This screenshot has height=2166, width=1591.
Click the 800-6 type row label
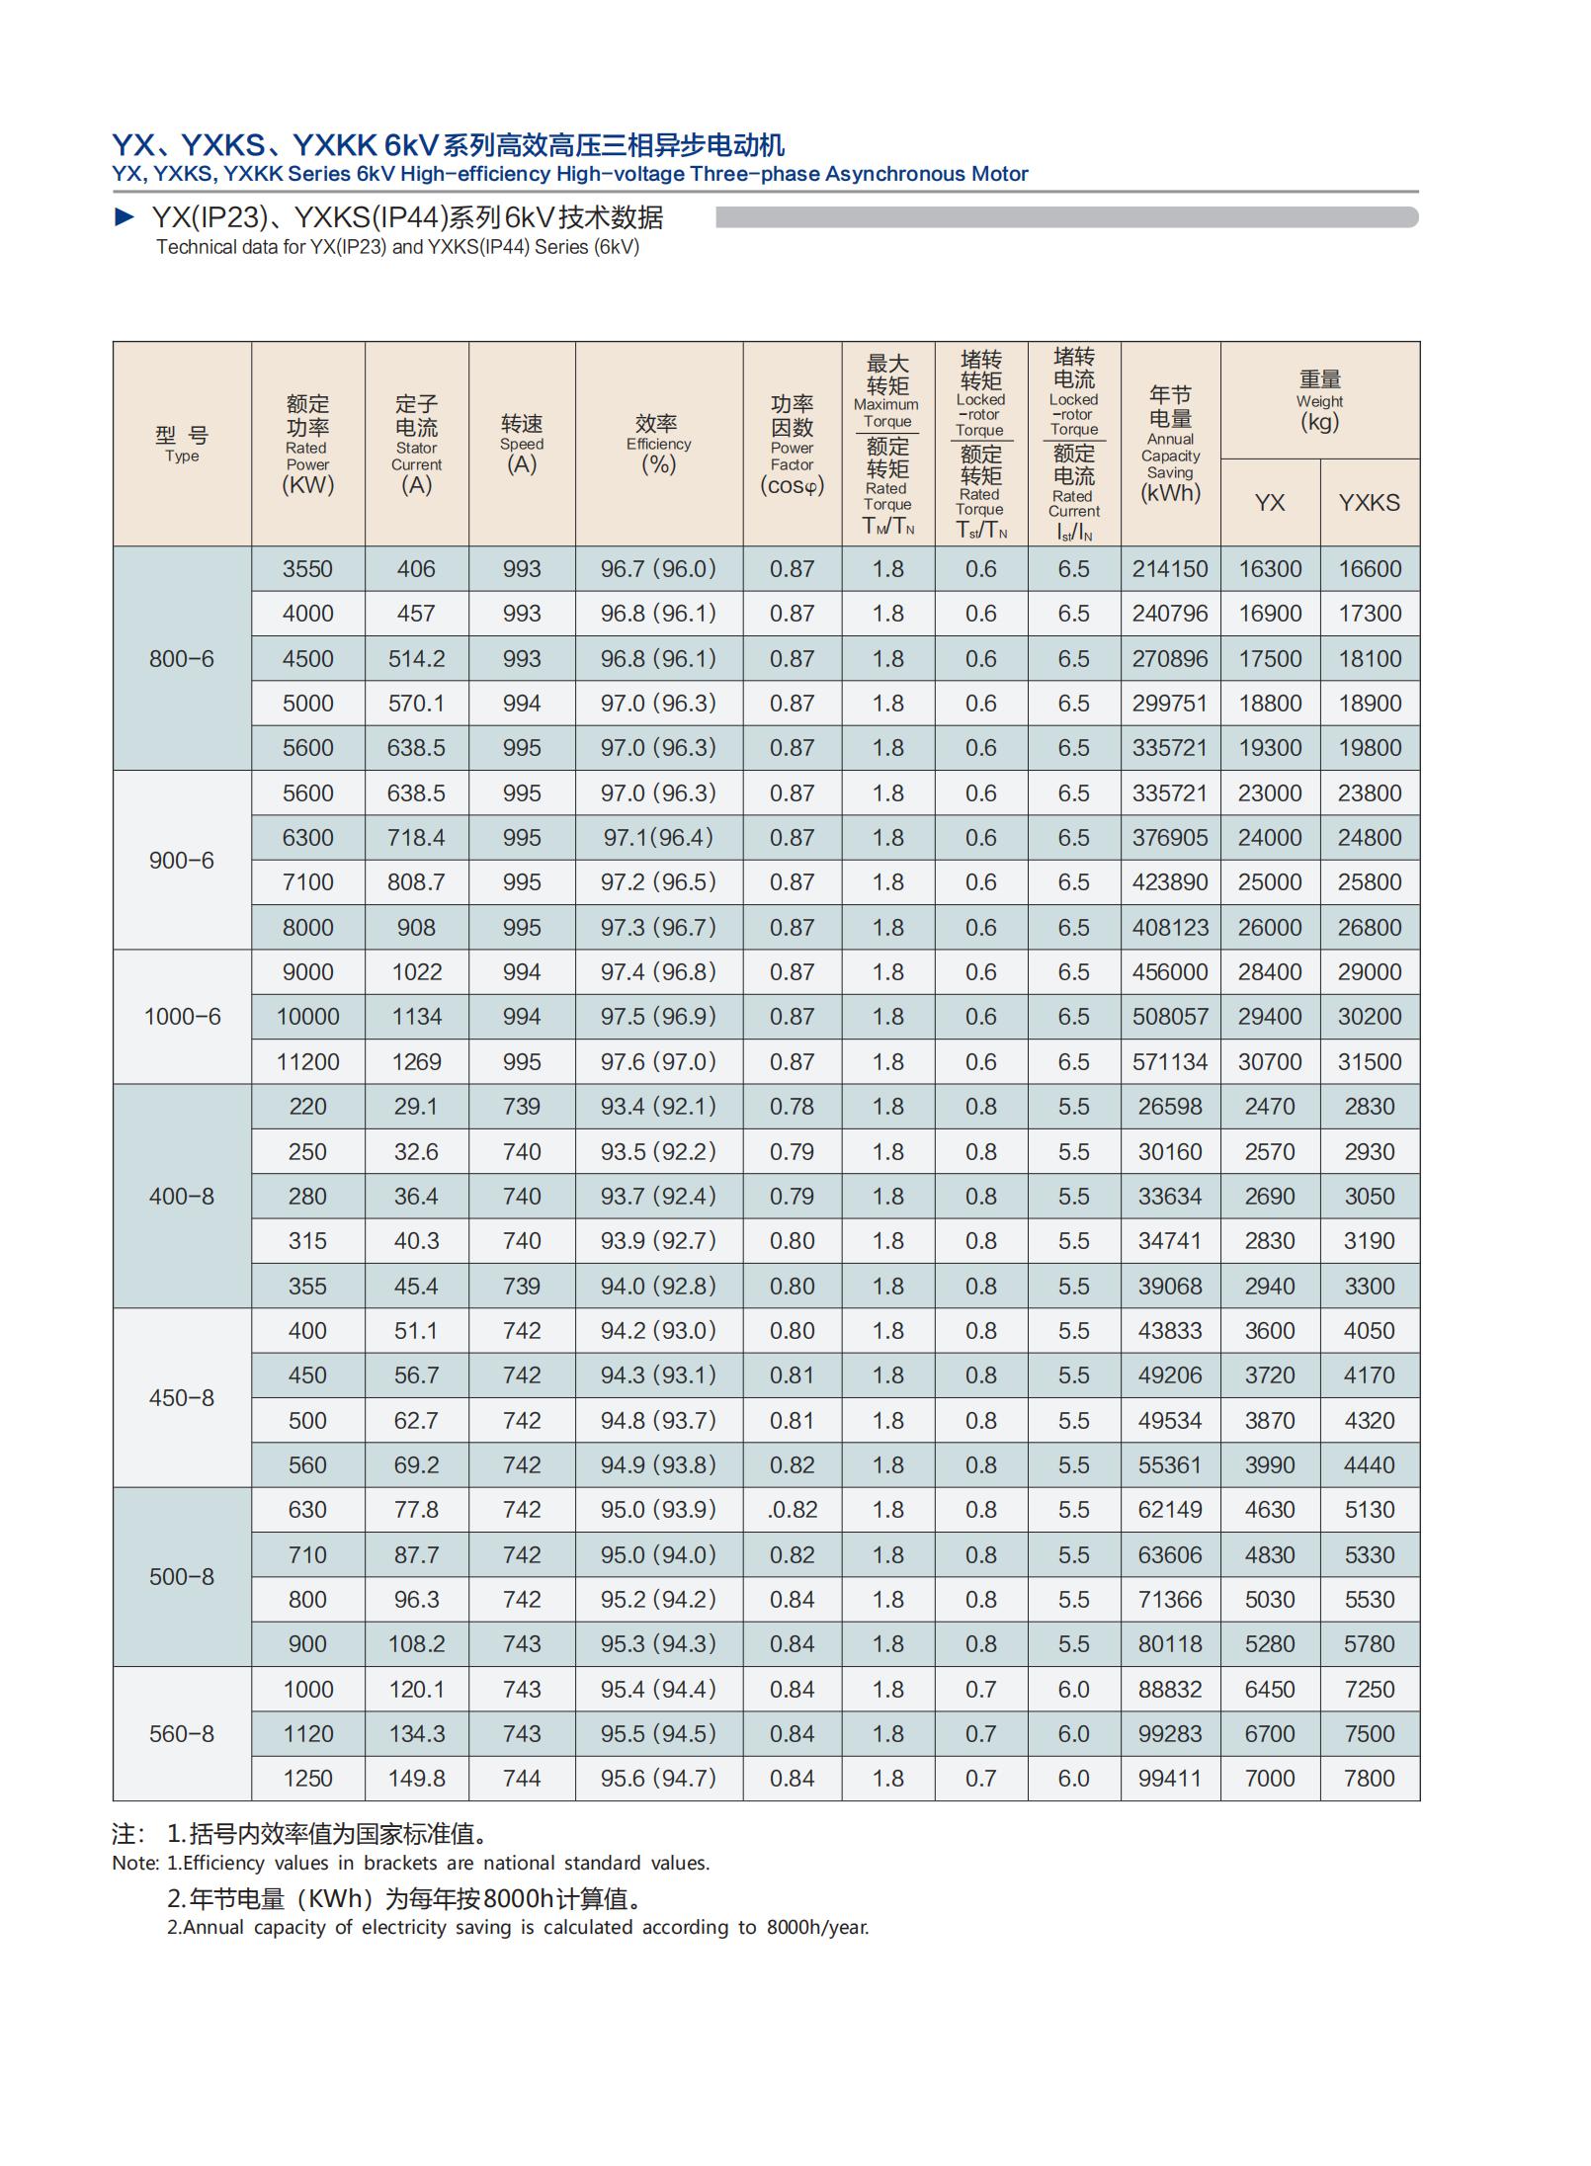pos(181,659)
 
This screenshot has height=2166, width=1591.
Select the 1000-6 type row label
pos(182,1017)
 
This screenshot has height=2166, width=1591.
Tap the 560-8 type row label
pos(181,1734)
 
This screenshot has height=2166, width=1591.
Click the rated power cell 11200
pos(307,1062)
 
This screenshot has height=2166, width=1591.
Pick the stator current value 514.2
pos(416,659)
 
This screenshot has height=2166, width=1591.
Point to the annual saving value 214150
pos(1170,569)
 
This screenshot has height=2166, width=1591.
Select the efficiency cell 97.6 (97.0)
pos(658,1062)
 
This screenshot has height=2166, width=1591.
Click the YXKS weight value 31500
pos(1370,1062)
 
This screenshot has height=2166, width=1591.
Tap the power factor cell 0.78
pos(792,1107)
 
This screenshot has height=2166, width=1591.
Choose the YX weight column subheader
pos(1270,503)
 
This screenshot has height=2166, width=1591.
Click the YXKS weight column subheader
pos(1370,503)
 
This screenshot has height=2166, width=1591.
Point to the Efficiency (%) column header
pos(658,445)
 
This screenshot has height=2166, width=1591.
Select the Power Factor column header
pos(792,445)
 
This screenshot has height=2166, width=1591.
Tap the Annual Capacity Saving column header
pos(1170,445)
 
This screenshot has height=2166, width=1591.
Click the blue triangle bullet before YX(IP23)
pos(126,216)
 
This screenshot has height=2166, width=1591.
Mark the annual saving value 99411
pos(1170,1779)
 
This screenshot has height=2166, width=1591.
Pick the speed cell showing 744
pos(522,1779)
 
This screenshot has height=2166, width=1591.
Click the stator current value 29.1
pos(416,1107)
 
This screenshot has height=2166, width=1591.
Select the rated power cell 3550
pos(307,569)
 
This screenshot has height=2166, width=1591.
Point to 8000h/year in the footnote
pos(817,1927)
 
